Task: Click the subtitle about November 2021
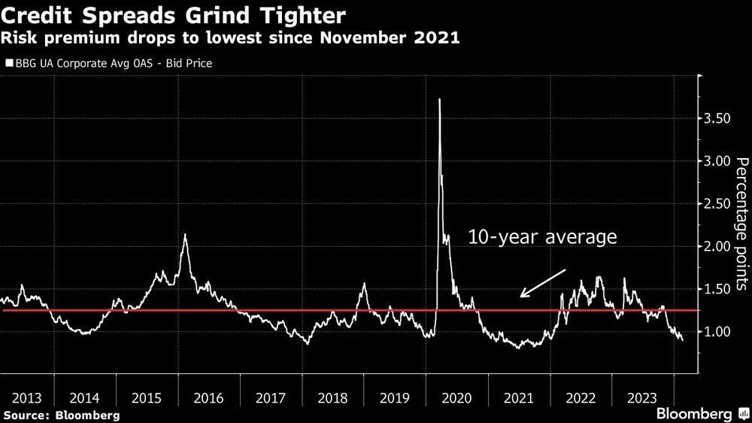(x=232, y=38)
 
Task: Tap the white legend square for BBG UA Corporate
(x=8, y=64)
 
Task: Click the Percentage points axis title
(x=741, y=224)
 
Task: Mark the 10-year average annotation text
(x=542, y=238)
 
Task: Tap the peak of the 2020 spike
(x=439, y=100)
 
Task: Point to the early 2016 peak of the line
(x=185, y=235)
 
